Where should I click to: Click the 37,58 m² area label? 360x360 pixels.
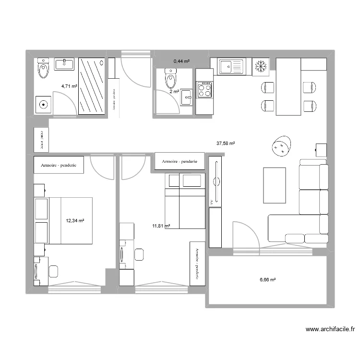[226, 143]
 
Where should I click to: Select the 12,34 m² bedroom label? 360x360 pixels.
[75, 221]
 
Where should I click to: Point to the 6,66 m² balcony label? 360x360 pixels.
[268, 280]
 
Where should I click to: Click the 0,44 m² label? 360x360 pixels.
[181, 61]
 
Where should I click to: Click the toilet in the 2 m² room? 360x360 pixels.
[170, 76]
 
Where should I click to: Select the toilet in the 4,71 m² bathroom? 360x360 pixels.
[44, 69]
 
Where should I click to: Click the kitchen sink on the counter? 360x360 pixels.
[231, 66]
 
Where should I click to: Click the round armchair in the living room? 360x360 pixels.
[281, 146]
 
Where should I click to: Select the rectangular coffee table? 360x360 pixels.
[274, 185]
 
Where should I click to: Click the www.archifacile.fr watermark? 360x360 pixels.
[330, 329]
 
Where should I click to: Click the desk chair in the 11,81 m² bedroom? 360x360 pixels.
[139, 254]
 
